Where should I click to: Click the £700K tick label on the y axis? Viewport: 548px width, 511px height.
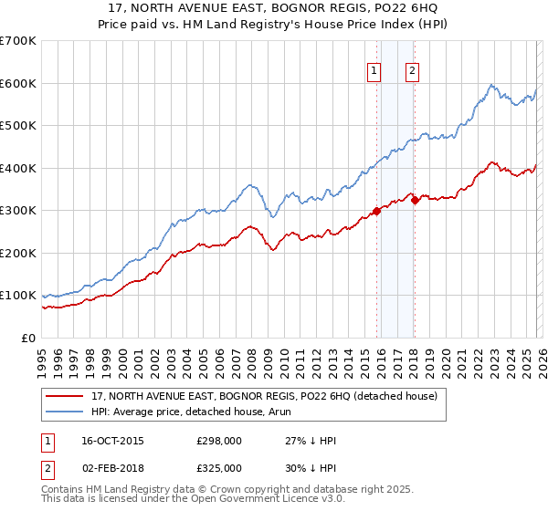pyautogui.click(x=18, y=41)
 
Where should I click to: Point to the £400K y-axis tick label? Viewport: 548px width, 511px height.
pyautogui.click(x=18, y=168)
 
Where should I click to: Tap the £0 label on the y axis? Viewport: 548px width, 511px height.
pyautogui.click(x=29, y=339)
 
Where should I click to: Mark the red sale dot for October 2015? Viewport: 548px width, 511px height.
pyautogui.click(x=376, y=212)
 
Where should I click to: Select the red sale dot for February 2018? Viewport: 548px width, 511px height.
pyautogui.click(x=414, y=200)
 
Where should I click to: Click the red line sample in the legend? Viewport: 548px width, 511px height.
pyautogui.click(x=65, y=397)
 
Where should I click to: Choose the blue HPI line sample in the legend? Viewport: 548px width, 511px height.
pyautogui.click(x=65, y=412)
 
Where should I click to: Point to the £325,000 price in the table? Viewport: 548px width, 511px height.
pyautogui.click(x=219, y=467)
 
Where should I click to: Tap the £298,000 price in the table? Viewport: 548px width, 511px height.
pyautogui.click(x=219, y=441)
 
